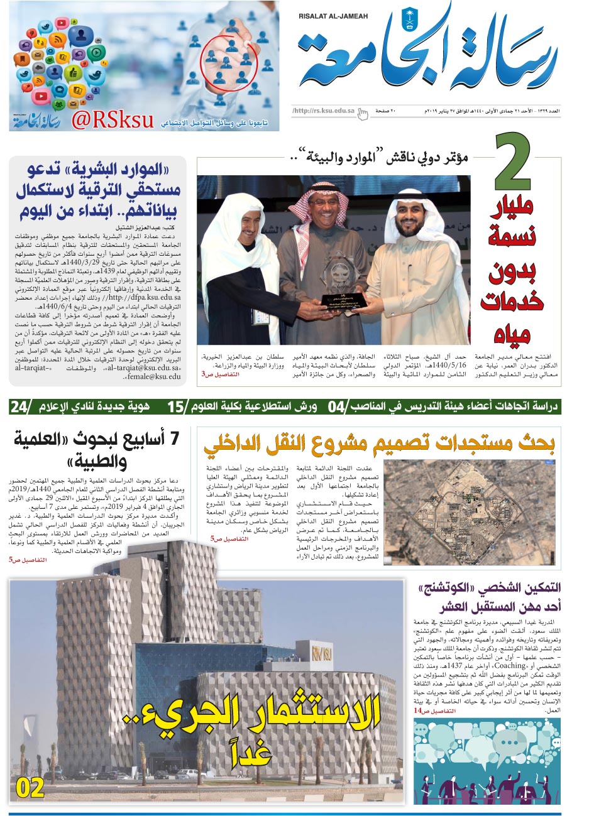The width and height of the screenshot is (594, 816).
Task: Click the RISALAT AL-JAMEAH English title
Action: coord(333,17)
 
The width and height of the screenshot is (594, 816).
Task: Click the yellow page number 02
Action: coord(30,788)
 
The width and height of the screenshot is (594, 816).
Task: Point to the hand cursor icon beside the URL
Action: coord(363,113)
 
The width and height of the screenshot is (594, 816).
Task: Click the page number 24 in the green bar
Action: coord(19,406)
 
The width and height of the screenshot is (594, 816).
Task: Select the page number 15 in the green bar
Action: coord(176,406)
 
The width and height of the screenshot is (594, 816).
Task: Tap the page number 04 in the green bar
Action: coord(337,406)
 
